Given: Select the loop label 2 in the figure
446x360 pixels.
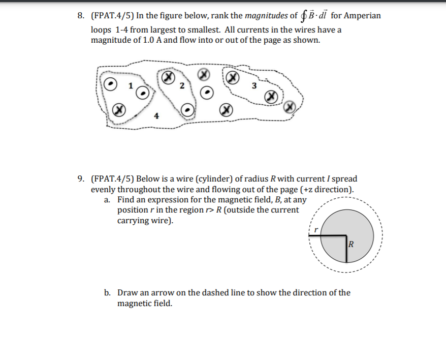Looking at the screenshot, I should (181, 85).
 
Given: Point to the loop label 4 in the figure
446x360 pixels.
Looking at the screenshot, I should (156, 116).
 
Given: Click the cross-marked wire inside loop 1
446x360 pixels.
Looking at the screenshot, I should (118, 109).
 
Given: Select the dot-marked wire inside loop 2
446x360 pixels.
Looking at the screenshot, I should (187, 109).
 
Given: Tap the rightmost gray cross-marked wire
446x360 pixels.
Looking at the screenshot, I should (290, 106).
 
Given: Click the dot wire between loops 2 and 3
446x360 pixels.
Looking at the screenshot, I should (206, 93).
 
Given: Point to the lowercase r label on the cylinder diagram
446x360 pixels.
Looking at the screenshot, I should (315, 230).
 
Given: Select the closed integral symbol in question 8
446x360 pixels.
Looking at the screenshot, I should (304, 16).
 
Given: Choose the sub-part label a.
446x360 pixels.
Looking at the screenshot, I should (107, 200).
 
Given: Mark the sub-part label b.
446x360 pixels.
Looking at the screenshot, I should (107, 293).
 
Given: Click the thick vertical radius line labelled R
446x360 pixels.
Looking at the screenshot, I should (346, 249).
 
